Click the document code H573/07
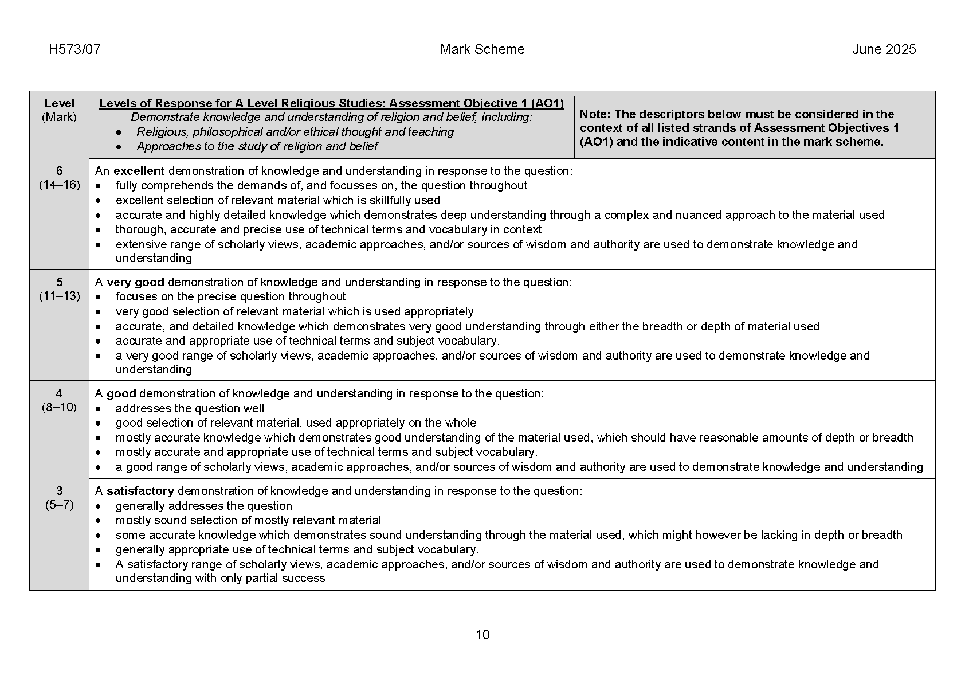click(74, 49)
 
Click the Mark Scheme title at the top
click(482, 49)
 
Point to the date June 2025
click(884, 49)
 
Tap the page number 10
click(482, 635)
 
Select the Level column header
click(59, 103)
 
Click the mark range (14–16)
click(60, 185)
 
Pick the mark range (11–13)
click(60, 296)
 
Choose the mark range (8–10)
click(59, 407)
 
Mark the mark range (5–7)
click(60, 505)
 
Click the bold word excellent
click(139, 171)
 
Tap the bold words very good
click(135, 282)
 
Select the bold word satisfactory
click(140, 491)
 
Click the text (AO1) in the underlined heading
click(547, 103)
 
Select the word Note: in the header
click(595, 114)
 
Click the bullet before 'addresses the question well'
click(99, 409)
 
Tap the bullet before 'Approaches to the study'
click(118, 147)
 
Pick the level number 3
click(59, 491)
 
